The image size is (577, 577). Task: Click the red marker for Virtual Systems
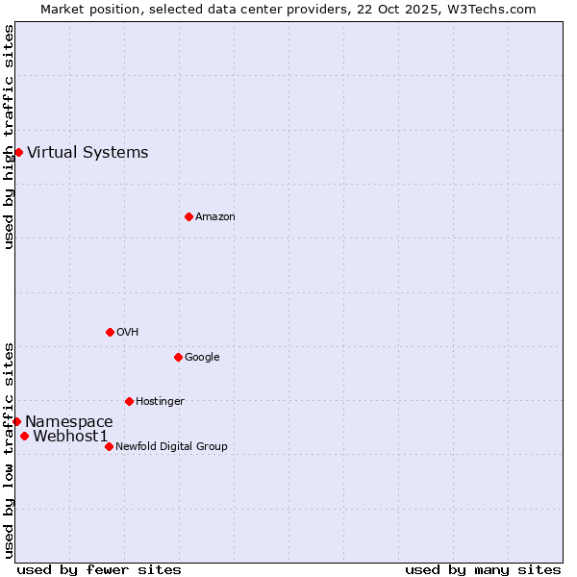18,152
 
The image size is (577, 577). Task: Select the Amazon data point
188,216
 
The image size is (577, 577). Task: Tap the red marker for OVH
110,332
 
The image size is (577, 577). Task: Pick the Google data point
178,357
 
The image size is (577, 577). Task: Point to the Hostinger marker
129,401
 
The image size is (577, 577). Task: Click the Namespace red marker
16,421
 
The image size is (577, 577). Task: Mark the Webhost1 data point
24,436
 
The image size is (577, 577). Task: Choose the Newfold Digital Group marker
109,446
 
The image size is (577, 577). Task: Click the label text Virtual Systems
88,152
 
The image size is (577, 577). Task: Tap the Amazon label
215,216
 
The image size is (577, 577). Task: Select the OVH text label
128,332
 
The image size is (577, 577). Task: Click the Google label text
202,357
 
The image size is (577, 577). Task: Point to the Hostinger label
160,401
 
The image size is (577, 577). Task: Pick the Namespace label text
69,421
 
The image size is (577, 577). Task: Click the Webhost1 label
70,436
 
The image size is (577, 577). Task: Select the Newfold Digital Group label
171,446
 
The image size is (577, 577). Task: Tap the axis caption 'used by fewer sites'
99,569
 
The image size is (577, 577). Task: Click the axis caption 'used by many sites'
483,569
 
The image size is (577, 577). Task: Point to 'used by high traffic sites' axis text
9,137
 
